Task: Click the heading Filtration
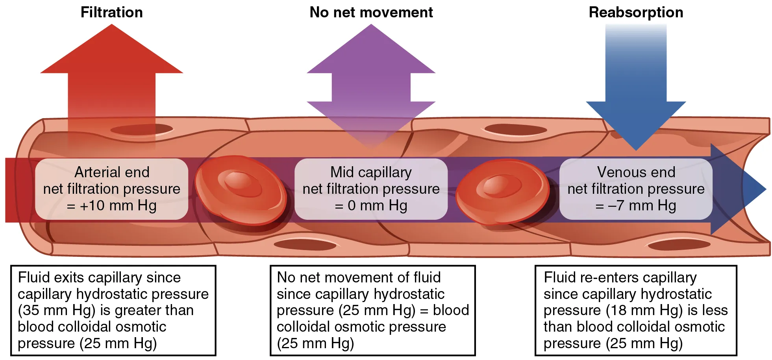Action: coord(111,13)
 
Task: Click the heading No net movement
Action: coord(371,13)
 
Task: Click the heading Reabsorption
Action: coord(635,13)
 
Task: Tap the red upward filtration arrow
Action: coord(111,79)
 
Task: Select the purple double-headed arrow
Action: coord(371,87)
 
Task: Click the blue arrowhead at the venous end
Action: coord(740,189)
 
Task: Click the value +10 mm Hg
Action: coord(118,206)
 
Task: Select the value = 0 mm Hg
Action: coord(371,206)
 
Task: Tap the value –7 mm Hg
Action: coord(642,206)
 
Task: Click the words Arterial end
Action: coord(112,172)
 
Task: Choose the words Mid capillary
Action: coord(371,172)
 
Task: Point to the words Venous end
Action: coord(636,172)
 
